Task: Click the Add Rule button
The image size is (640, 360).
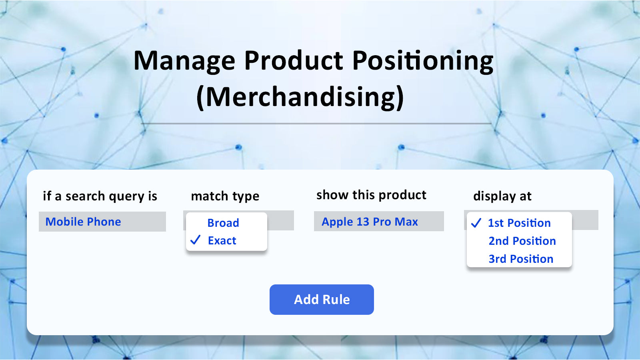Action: tap(322, 300)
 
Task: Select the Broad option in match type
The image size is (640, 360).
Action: tap(223, 223)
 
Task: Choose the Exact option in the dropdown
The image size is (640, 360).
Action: tap(222, 240)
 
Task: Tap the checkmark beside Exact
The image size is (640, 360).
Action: tap(196, 240)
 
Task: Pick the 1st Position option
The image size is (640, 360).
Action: tap(519, 223)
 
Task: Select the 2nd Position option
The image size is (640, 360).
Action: tap(522, 241)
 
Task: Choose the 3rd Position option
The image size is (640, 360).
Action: tap(521, 259)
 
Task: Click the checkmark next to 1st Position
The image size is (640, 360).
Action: tap(476, 223)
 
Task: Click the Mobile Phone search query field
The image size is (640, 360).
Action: tap(102, 222)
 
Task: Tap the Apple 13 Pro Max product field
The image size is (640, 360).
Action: tap(379, 221)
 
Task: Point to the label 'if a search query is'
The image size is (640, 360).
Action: tap(100, 196)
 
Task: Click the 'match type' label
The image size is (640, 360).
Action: tap(225, 196)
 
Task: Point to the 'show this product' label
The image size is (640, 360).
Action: tap(372, 195)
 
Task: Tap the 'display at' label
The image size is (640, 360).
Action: tap(502, 196)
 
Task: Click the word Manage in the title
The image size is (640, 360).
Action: tap(184, 61)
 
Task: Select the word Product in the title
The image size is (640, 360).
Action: tap(294, 60)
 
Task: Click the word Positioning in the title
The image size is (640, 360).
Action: tap(423, 61)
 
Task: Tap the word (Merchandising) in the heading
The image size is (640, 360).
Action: tap(300, 97)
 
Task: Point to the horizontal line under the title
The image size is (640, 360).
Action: tap(316, 124)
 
